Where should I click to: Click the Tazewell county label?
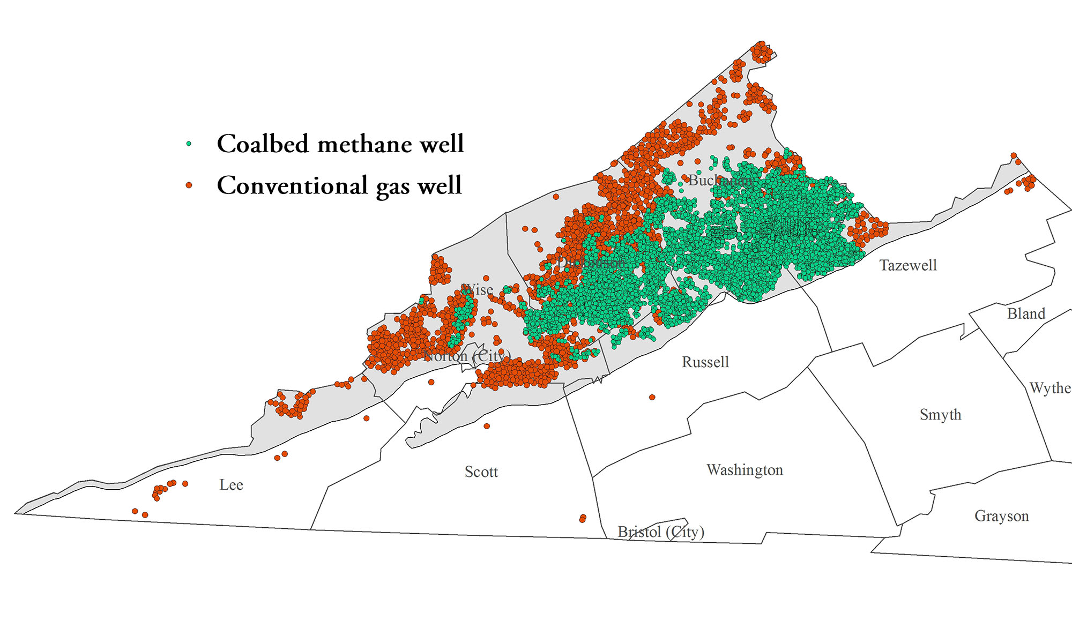pyautogui.click(x=908, y=265)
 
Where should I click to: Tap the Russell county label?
pyautogui.click(x=705, y=362)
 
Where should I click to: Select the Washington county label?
pyautogui.click(x=745, y=470)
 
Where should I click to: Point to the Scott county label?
pyautogui.click(x=481, y=472)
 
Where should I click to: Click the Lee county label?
pyautogui.click(x=231, y=485)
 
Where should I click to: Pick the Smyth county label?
pyautogui.click(x=940, y=415)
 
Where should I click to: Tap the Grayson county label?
pyautogui.click(x=1001, y=516)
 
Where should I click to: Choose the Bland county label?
pyautogui.click(x=1026, y=313)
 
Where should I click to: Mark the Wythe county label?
pyautogui.click(x=1049, y=388)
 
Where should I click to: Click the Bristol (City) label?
pyautogui.click(x=660, y=532)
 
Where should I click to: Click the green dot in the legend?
pyautogui.click(x=189, y=144)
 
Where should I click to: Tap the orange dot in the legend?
pyautogui.click(x=189, y=185)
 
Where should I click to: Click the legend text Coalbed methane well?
pyautogui.click(x=340, y=144)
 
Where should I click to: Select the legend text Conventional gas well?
pyautogui.click(x=339, y=185)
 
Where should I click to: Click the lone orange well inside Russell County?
pyautogui.click(x=652, y=397)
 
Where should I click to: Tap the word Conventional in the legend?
pyautogui.click(x=292, y=185)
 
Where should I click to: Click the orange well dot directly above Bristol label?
pyautogui.click(x=583, y=518)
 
